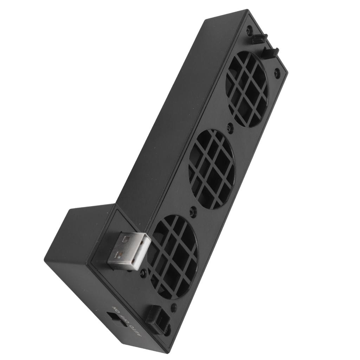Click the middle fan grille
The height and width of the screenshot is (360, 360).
[x=212, y=169]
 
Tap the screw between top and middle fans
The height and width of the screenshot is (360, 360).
[x=230, y=128]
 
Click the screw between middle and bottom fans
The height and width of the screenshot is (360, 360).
[x=193, y=212]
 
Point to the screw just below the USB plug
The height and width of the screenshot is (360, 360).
[x=143, y=274]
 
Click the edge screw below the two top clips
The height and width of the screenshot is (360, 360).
[x=277, y=73]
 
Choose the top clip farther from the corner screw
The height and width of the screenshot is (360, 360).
[x=271, y=52]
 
